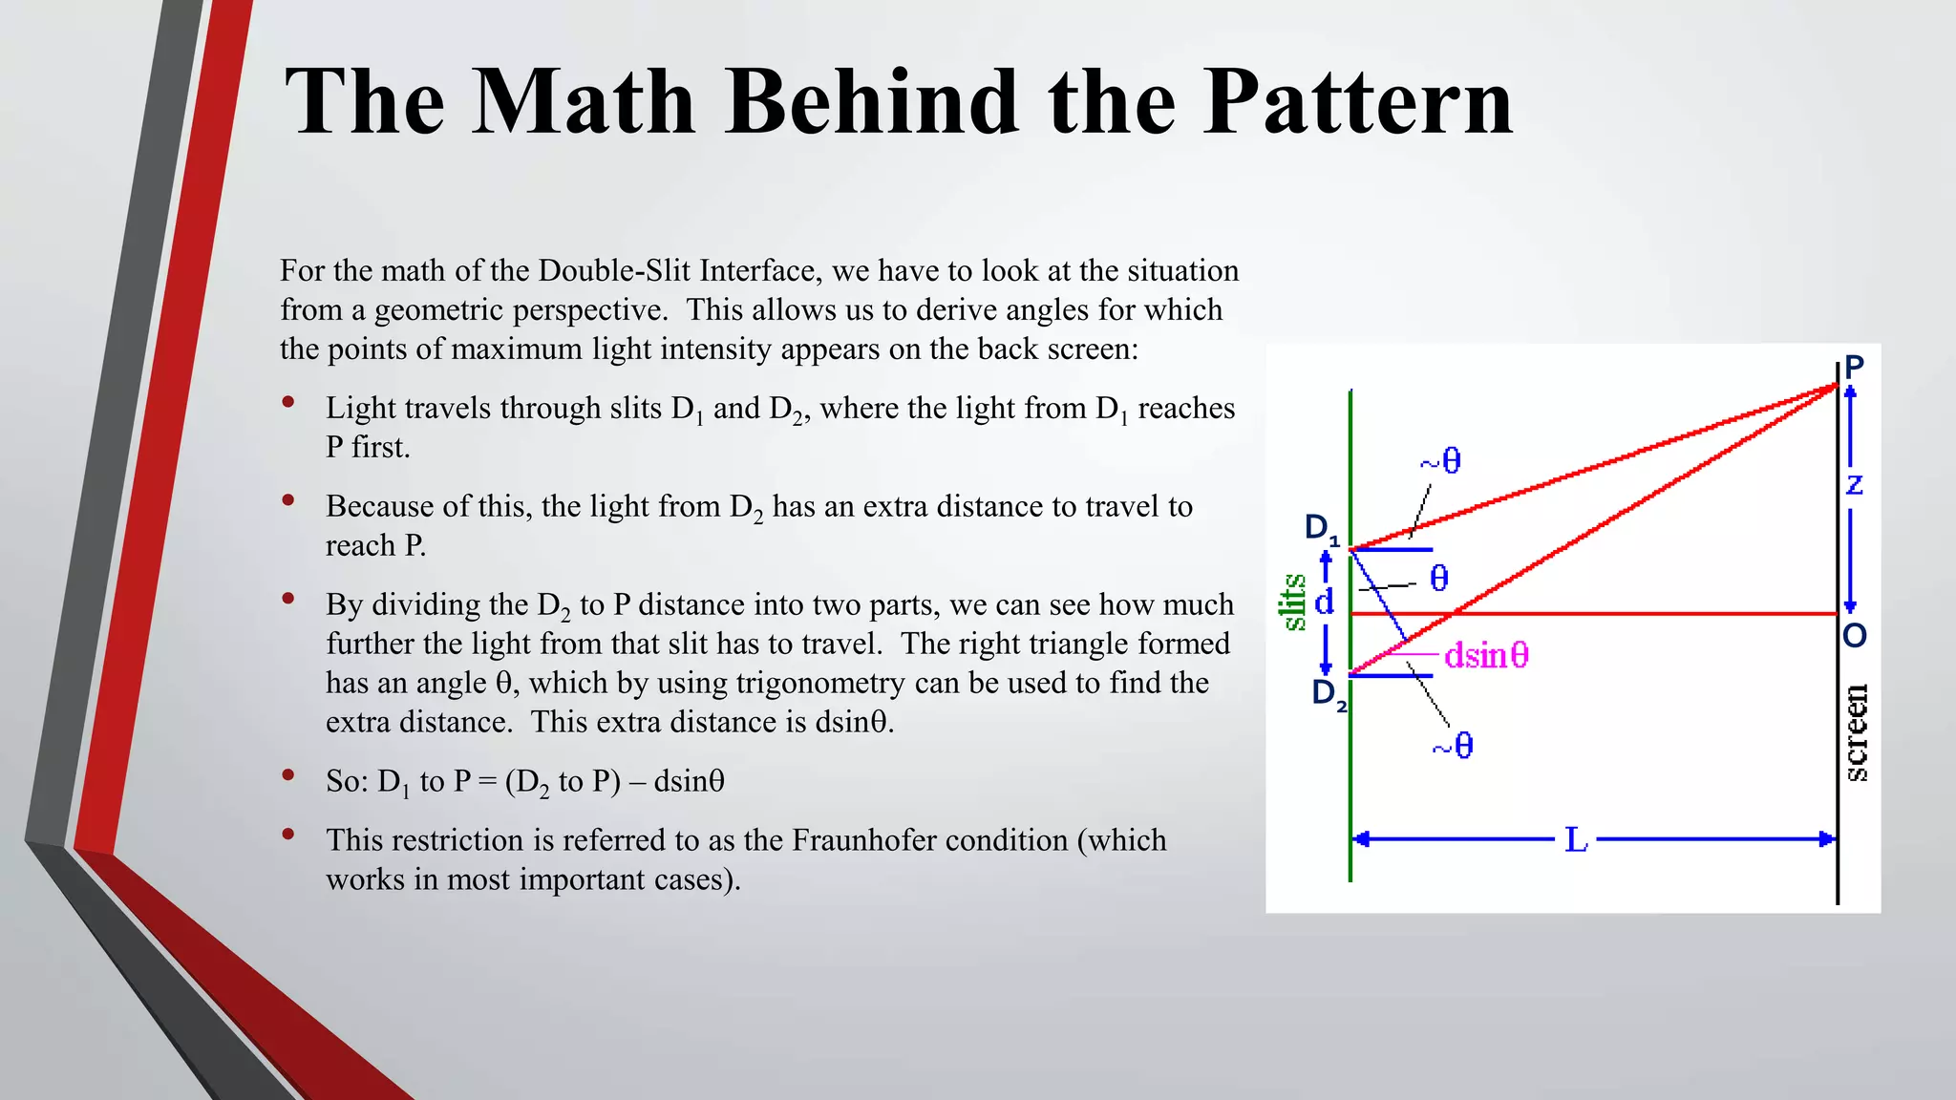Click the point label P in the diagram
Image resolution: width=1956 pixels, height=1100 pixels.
pos(1854,366)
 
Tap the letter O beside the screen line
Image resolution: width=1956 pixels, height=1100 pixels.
pos(1854,636)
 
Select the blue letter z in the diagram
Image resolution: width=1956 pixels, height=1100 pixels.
pos(1854,485)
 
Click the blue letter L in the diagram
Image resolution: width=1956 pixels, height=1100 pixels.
pos(1576,840)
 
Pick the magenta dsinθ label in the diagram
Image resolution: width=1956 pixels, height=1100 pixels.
pos(1486,656)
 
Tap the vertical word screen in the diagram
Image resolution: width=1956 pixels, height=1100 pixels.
pos(1856,733)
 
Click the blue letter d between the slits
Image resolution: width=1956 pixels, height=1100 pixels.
pos(1325,603)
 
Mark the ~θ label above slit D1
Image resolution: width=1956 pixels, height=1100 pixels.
pos(1440,462)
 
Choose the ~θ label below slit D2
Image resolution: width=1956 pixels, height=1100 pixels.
pos(1453,746)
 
